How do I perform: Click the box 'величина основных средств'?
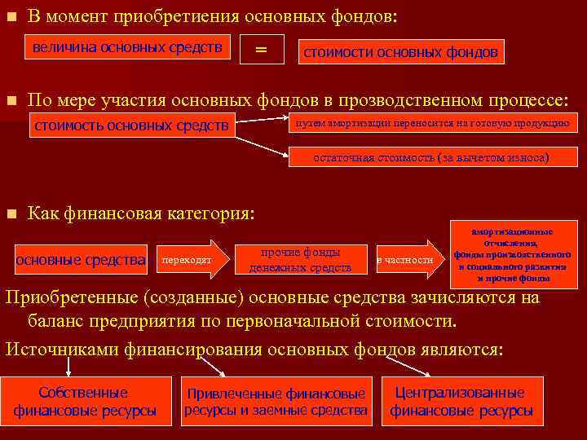click(x=127, y=48)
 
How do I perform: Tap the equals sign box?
click(x=261, y=49)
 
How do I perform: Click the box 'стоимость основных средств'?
click(x=131, y=125)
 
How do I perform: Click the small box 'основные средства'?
click(x=81, y=260)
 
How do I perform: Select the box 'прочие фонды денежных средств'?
click(x=300, y=260)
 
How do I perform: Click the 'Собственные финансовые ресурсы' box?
click(x=85, y=401)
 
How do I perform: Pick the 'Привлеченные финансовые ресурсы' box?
click(x=276, y=401)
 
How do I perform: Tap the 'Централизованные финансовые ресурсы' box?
click(x=461, y=401)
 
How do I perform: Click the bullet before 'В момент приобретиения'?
click(x=11, y=16)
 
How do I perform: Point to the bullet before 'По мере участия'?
click(x=11, y=101)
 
